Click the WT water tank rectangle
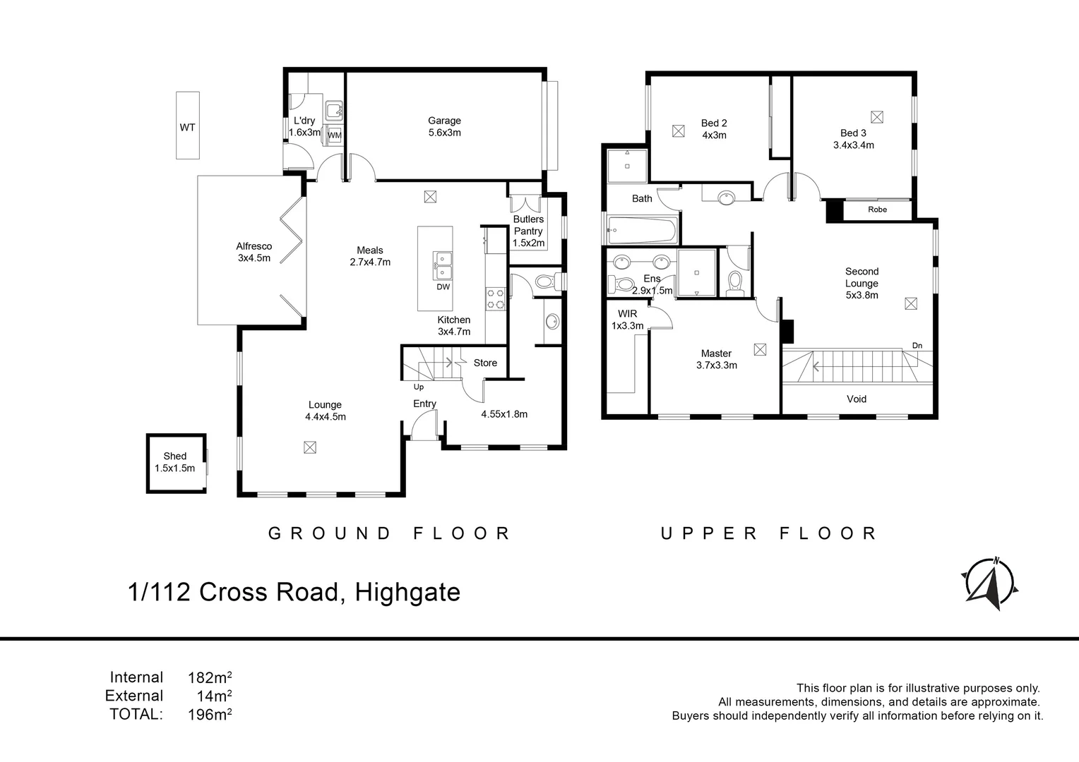[x=187, y=126]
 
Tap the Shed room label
[x=174, y=462]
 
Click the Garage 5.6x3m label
[x=444, y=126]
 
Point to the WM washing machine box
[x=334, y=135]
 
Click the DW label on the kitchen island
[x=443, y=287]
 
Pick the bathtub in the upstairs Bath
[x=642, y=229]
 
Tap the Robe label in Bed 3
[x=877, y=210]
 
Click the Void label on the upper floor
[x=856, y=399]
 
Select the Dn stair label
[x=917, y=345]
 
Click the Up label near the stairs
[x=419, y=387]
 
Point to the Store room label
[x=485, y=363]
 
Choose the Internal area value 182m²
[x=210, y=678]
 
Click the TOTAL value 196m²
[x=210, y=714]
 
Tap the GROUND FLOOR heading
[x=389, y=533]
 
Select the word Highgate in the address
[x=407, y=592]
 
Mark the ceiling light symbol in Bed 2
[x=678, y=130]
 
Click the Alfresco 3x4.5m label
[x=254, y=252]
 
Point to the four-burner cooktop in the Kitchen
[x=495, y=299]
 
